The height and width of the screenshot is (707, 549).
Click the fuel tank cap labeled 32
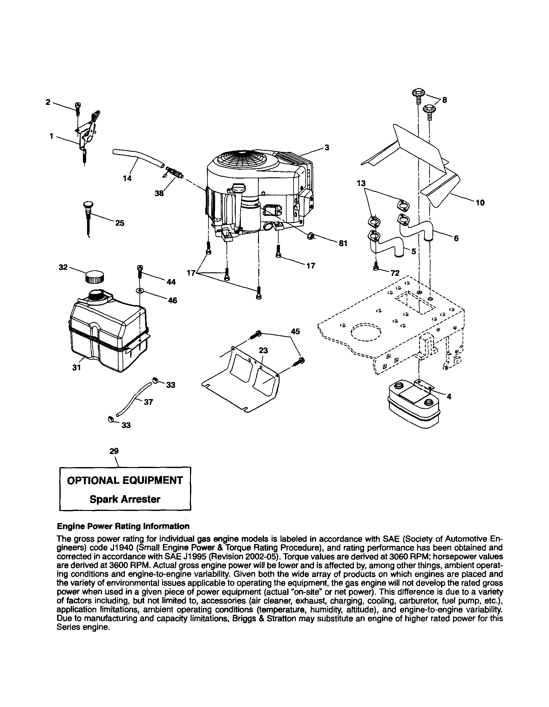(95, 277)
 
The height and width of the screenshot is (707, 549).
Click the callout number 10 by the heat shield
(480, 203)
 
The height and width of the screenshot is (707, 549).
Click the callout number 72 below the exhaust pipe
(395, 273)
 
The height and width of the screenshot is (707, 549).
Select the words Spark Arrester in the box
(125, 499)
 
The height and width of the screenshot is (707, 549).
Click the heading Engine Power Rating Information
(123, 527)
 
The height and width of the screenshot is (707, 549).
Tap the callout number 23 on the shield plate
(263, 350)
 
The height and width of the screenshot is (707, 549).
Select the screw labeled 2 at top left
(78, 107)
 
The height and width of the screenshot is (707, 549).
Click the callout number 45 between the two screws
(295, 331)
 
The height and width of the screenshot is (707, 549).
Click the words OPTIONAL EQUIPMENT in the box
(125, 480)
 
